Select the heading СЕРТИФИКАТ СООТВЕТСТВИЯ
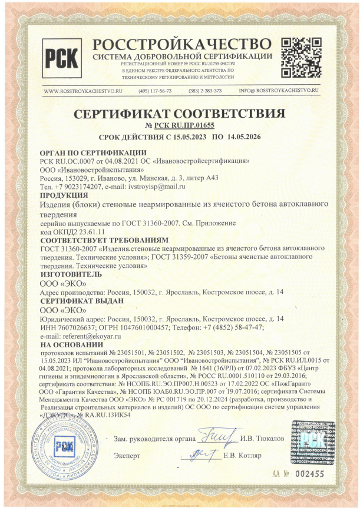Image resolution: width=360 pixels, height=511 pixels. point(180,113)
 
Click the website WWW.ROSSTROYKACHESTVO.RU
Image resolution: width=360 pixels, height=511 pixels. point(83,91)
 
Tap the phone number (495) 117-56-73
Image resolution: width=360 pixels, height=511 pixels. point(155,91)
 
